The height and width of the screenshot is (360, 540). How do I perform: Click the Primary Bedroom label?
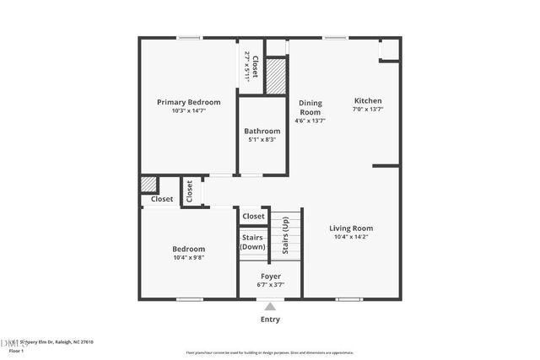tap(188, 102)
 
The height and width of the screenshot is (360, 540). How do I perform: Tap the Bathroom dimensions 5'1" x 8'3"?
tap(262, 139)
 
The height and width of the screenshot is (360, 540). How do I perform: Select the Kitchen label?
tap(368, 100)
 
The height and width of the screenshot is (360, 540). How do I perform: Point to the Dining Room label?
tap(310, 107)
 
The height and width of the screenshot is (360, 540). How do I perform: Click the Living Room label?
tap(350, 228)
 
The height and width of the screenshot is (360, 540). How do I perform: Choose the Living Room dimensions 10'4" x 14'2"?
tap(350, 237)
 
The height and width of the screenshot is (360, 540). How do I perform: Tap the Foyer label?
tap(270, 276)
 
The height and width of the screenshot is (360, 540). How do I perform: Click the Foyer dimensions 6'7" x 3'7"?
tap(270, 285)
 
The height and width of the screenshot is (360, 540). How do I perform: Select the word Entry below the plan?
tap(270, 320)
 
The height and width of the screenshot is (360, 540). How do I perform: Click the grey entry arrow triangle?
tap(270, 307)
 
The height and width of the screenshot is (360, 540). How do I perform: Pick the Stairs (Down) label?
tap(253, 242)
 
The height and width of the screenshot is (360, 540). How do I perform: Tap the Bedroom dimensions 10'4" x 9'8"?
tap(188, 257)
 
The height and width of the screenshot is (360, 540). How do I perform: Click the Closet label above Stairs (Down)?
tap(253, 217)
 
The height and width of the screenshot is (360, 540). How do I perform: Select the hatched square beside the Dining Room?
tap(277, 76)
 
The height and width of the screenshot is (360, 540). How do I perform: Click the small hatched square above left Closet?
tap(148, 184)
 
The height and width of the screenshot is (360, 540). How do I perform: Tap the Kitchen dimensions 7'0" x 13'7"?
tap(368, 110)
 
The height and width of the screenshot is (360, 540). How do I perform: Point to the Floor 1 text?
tap(16, 351)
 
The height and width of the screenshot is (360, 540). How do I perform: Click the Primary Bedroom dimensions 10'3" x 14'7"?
tap(188, 110)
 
